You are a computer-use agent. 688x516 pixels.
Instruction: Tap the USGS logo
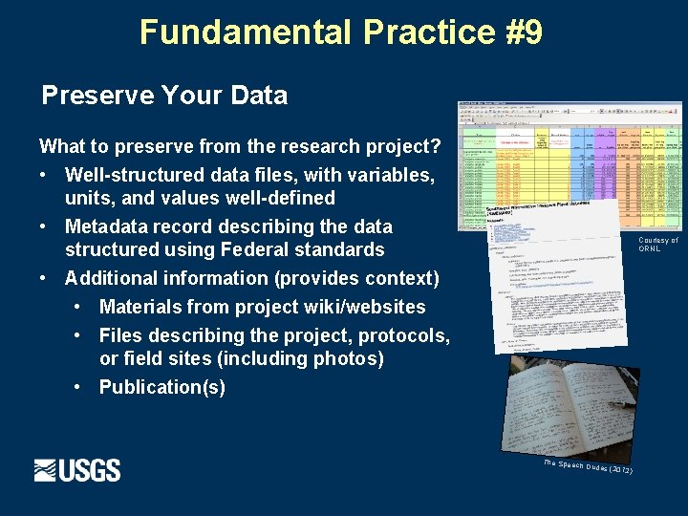[x=77, y=470]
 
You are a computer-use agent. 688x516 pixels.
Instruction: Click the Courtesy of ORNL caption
[x=657, y=245]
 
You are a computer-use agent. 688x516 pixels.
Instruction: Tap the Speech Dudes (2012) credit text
[x=587, y=467]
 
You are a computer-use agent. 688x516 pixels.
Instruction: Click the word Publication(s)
[x=162, y=387]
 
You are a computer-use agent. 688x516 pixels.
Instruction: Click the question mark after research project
[x=435, y=146]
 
